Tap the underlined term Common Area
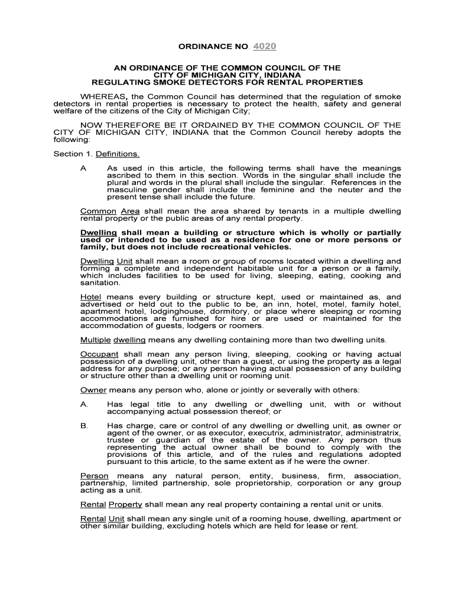point(110,211)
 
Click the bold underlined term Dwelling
point(98,233)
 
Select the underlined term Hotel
point(90,297)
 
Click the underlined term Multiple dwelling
point(113,340)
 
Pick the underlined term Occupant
point(99,354)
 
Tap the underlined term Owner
point(93,390)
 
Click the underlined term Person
point(95,476)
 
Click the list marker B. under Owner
point(84,426)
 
